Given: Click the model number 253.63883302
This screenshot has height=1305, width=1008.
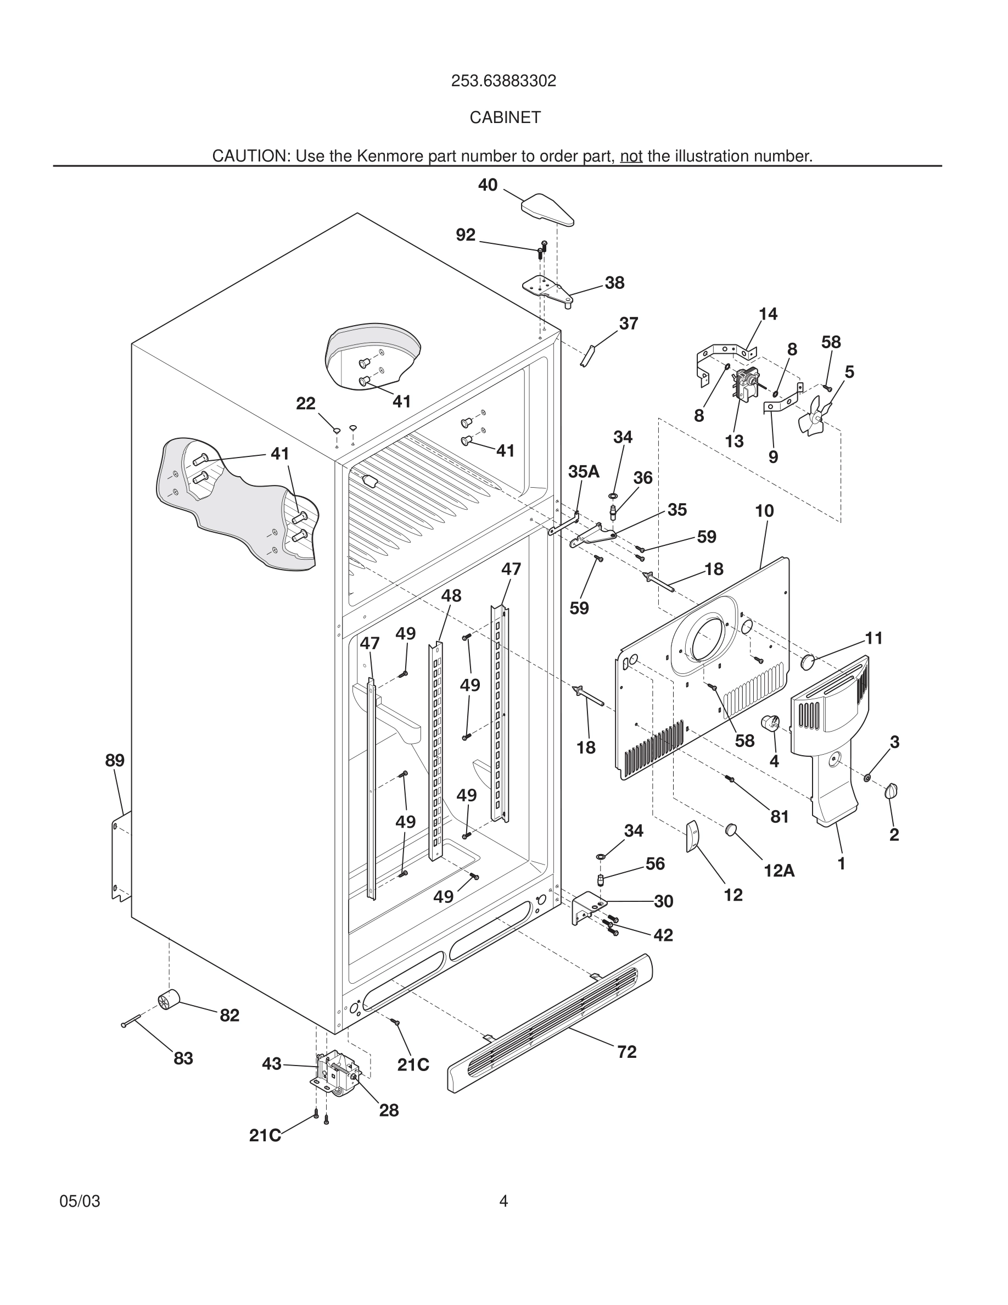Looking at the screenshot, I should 503,81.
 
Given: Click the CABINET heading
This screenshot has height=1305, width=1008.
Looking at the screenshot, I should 505,118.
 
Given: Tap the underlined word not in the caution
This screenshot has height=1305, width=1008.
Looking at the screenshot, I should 631,157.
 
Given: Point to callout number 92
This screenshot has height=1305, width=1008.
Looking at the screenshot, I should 465,236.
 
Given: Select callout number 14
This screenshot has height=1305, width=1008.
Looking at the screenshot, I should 768,314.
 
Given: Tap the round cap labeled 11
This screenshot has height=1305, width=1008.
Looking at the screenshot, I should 808,661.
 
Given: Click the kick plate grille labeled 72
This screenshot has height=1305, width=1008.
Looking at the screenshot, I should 550,1023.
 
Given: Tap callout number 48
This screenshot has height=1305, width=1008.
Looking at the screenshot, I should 451,596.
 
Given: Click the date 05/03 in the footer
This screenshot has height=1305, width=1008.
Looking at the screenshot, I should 80,1201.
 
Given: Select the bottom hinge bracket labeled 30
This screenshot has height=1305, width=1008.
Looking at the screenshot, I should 587,907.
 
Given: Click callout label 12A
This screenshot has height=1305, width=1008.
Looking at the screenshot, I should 779,871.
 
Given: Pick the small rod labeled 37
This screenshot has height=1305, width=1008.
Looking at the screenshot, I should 586,356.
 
